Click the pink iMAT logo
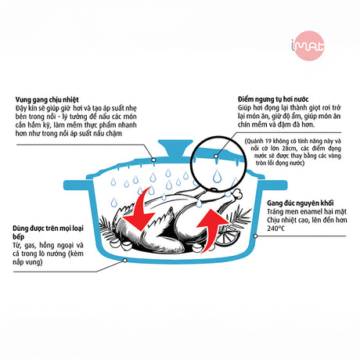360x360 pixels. point(308,46)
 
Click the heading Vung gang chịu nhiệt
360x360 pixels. point(47,99)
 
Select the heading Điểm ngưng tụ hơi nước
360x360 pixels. point(273,99)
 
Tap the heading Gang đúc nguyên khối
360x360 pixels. point(301,203)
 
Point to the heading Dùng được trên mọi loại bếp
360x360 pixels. point(48,232)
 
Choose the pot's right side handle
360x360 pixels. point(273,185)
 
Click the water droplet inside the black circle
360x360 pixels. point(217,176)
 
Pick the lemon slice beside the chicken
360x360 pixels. point(226,236)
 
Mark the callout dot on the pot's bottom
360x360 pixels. point(125,261)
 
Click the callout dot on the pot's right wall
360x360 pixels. point(256,236)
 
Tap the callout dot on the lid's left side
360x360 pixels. point(153,160)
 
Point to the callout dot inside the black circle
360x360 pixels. point(216,157)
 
